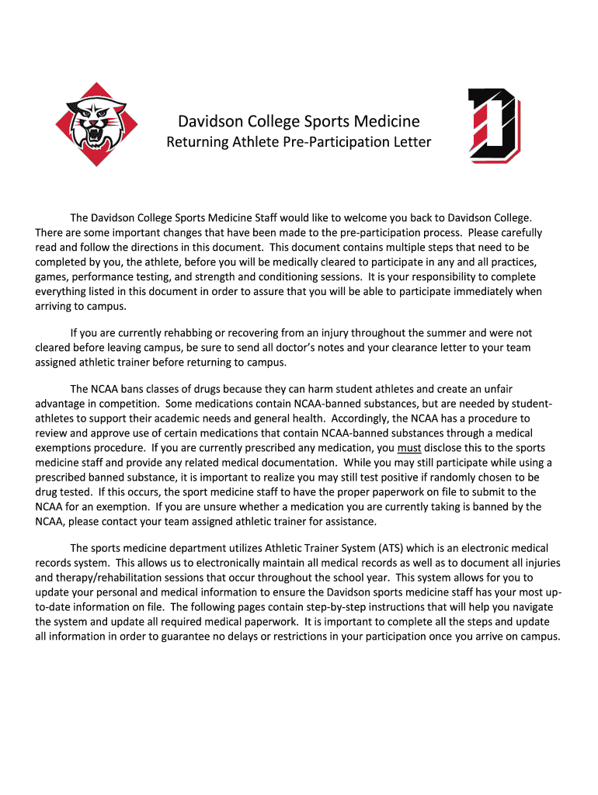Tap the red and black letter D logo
coord(493,125)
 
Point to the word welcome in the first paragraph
coord(359,218)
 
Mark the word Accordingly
coord(364,418)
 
